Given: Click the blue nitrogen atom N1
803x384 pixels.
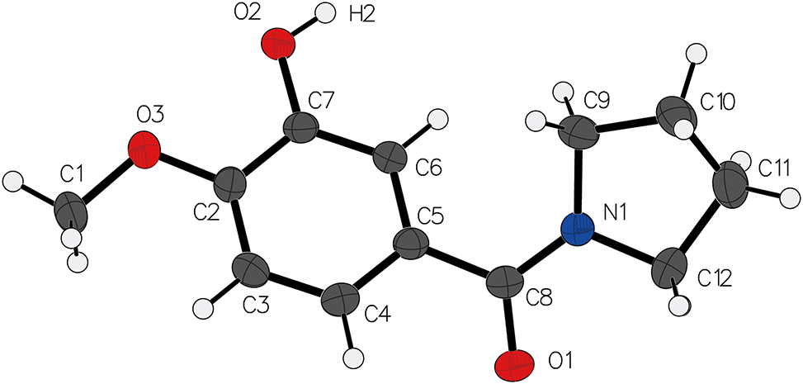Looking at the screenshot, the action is [577, 230].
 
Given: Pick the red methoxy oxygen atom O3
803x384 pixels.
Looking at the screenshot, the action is [145, 149].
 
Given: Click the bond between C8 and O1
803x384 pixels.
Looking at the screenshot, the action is [511, 324].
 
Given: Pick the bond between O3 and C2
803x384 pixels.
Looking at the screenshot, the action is [188, 169].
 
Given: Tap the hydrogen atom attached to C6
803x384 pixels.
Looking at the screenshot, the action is [438, 118].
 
